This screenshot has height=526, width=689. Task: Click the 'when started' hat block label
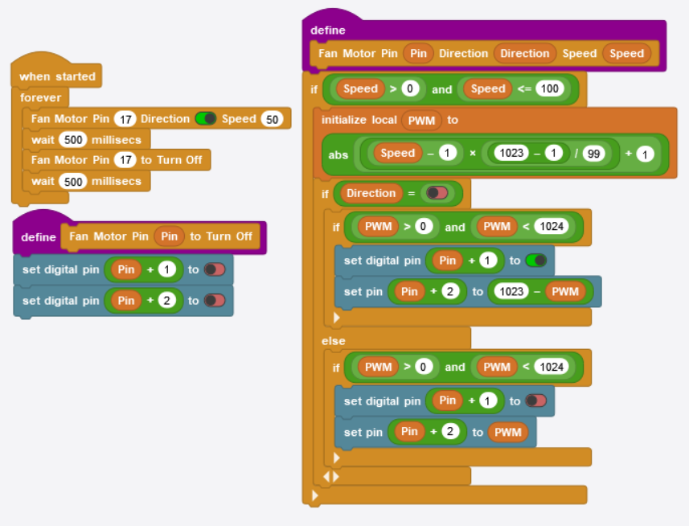pyautogui.click(x=57, y=76)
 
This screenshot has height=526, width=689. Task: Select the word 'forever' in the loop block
pyautogui.click(x=40, y=97)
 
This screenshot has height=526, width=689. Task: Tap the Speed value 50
pyautogui.click(x=273, y=119)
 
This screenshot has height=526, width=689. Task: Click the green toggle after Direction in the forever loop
pyautogui.click(x=206, y=119)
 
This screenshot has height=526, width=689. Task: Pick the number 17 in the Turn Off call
pyautogui.click(x=124, y=160)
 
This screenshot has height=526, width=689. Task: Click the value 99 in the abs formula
pyautogui.click(x=593, y=154)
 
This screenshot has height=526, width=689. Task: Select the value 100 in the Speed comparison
pyautogui.click(x=550, y=89)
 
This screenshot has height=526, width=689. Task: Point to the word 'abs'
pyautogui.click(x=338, y=154)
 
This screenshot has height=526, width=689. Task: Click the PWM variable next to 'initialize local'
pyautogui.click(x=422, y=120)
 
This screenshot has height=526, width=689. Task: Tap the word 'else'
pyautogui.click(x=334, y=341)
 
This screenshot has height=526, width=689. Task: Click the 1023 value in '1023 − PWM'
pyautogui.click(x=511, y=291)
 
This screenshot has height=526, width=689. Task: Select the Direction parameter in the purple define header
pyautogui.click(x=524, y=54)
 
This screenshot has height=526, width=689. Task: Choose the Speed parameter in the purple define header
pyautogui.click(x=626, y=54)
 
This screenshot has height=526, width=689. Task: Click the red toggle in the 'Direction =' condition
pyautogui.click(x=437, y=194)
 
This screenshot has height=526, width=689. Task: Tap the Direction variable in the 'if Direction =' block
pyautogui.click(x=371, y=194)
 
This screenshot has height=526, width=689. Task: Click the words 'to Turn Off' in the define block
pyautogui.click(x=221, y=236)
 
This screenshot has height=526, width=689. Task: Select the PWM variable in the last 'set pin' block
pyautogui.click(x=508, y=433)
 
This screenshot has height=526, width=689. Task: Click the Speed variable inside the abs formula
pyautogui.click(x=397, y=154)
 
